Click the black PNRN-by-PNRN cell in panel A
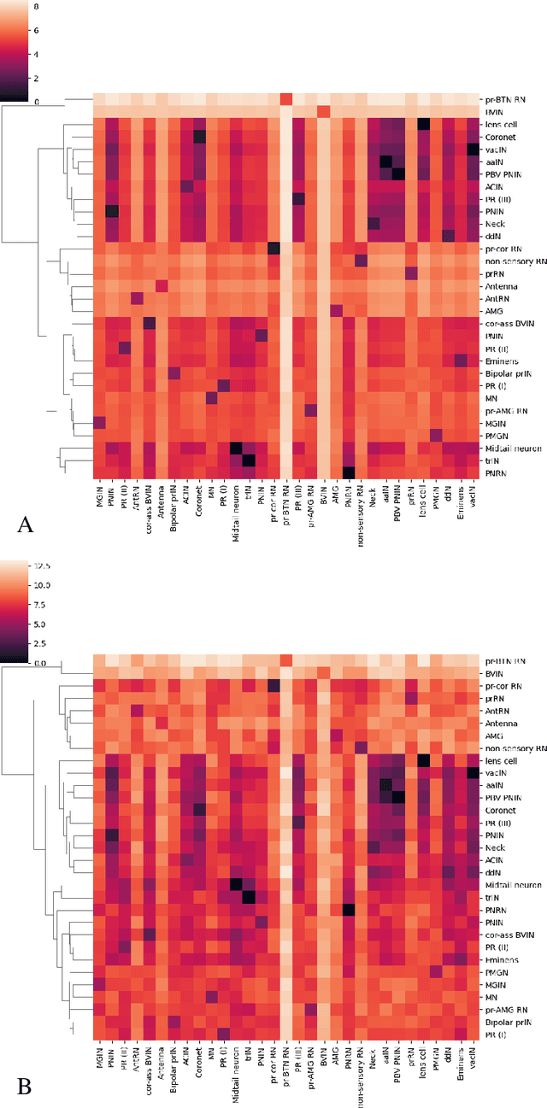(x=348, y=472)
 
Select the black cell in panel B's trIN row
(x=249, y=896)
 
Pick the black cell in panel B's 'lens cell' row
(x=423, y=759)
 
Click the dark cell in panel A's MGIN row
(x=99, y=422)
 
